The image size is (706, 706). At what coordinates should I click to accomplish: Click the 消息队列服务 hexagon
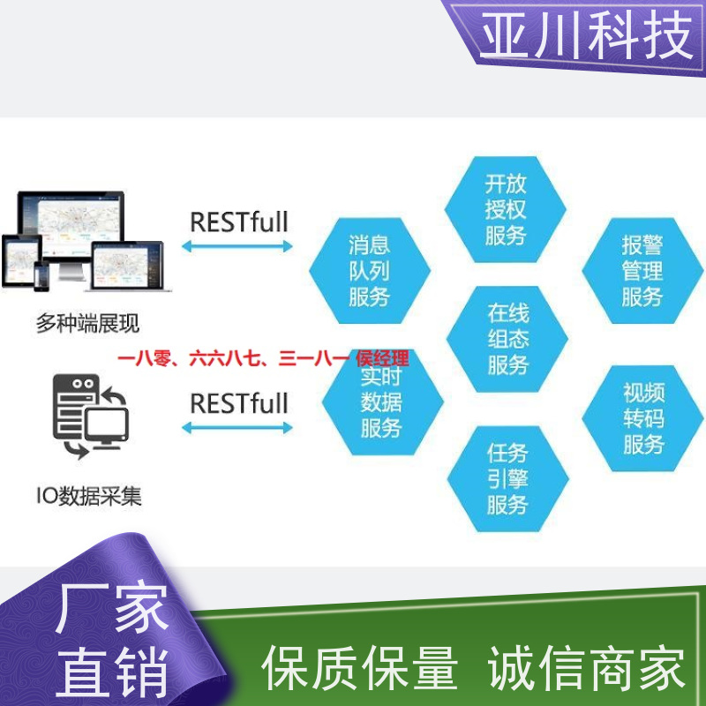point(370,271)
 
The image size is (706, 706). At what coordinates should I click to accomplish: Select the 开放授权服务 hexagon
point(505,209)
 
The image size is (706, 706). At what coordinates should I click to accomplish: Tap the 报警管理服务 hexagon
point(642,271)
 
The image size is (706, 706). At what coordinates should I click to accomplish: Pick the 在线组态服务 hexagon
point(507,339)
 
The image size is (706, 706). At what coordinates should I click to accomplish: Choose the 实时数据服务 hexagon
point(383,402)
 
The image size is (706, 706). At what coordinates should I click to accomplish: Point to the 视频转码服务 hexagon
point(642,418)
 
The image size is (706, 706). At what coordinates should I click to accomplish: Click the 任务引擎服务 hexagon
point(508,478)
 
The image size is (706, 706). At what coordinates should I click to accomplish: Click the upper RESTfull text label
point(239,222)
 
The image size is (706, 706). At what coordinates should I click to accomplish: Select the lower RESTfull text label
point(239,403)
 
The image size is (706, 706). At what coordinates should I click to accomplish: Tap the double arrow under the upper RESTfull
point(237,246)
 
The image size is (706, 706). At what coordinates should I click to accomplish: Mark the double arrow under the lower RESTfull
point(237,428)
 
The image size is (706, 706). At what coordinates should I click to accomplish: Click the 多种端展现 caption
point(87,323)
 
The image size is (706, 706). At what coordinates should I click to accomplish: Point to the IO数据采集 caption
point(89,496)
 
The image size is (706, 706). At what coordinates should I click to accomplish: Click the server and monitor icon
point(91,416)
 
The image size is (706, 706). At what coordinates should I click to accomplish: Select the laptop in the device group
point(128,267)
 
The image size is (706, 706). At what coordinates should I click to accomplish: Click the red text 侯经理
point(382,359)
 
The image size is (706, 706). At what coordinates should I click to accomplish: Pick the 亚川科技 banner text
point(587,35)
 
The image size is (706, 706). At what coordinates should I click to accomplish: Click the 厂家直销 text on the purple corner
point(112,639)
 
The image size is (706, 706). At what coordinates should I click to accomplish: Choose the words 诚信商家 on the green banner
point(586,668)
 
